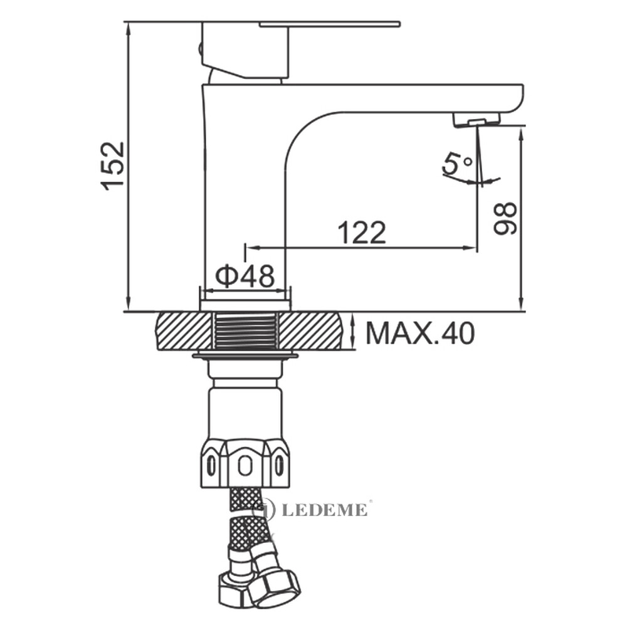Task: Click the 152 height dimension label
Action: pos(113,166)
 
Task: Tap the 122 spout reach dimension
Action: pos(362,233)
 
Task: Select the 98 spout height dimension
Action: pos(505,218)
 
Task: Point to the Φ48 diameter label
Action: pos(246,276)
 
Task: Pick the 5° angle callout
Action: pos(456,164)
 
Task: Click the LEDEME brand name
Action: pos(325,510)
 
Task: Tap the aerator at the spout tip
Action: pos(476,120)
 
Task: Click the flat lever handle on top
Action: pos(330,24)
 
